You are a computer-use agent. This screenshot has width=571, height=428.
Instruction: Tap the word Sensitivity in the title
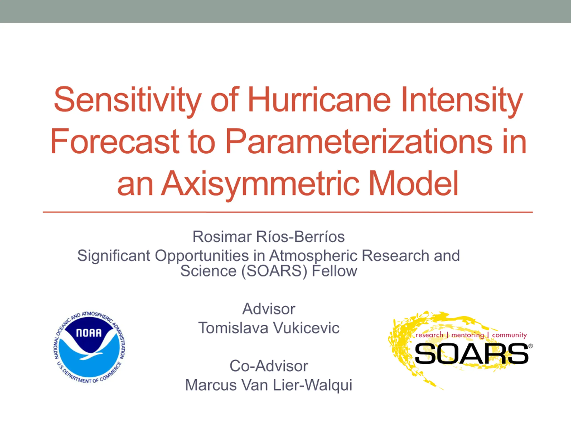(x=128, y=102)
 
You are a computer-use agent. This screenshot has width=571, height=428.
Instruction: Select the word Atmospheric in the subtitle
(x=313, y=256)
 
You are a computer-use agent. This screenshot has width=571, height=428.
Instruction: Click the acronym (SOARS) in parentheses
(x=274, y=272)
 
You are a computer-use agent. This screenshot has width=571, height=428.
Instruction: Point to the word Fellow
(x=335, y=271)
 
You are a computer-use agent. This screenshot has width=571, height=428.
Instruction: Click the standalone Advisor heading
(x=269, y=309)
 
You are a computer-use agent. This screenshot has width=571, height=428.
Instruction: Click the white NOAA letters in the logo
(x=89, y=333)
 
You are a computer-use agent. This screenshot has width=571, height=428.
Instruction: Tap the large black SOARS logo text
(x=471, y=354)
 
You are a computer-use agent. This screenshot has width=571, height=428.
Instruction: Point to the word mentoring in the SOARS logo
(x=468, y=335)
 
